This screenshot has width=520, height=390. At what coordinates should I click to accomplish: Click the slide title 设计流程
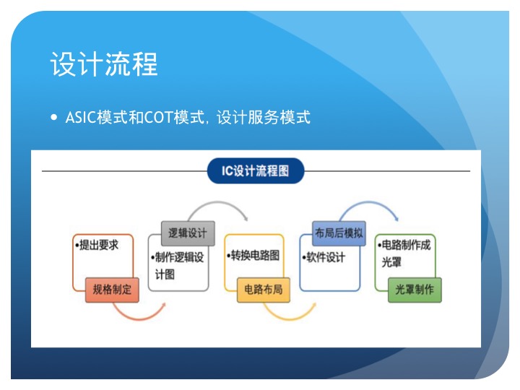pyautogui.click(x=104, y=64)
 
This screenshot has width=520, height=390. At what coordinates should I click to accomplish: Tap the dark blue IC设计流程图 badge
pyautogui.click(x=256, y=170)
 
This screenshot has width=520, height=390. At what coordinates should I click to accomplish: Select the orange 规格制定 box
pyautogui.click(x=112, y=290)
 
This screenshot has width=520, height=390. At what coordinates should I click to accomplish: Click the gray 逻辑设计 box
pyautogui.click(x=188, y=233)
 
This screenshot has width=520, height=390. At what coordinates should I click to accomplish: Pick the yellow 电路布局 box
pyautogui.click(x=264, y=290)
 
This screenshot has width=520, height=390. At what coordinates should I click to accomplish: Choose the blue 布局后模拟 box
pyautogui.click(x=339, y=233)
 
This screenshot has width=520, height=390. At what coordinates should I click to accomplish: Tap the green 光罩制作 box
pyautogui.click(x=415, y=290)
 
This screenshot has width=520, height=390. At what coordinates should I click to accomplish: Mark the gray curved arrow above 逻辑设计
pyautogui.click(x=217, y=202)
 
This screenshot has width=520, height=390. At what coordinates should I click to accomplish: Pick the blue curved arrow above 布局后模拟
pyautogui.click(x=368, y=202)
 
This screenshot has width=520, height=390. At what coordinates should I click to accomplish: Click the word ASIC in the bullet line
pyautogui.click(x=81, y=118)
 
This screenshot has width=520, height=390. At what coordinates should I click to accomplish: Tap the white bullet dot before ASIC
pyautogui.click(x=54, y=118)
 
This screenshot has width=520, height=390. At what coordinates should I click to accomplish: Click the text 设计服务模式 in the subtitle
pyautogui.click(x=264, y=118)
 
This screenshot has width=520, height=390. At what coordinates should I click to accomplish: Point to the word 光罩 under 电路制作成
pyautogui.click(x=391, y=262)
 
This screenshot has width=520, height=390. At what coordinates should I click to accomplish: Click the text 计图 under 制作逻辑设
pyautogui.click(x=165, y=274)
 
